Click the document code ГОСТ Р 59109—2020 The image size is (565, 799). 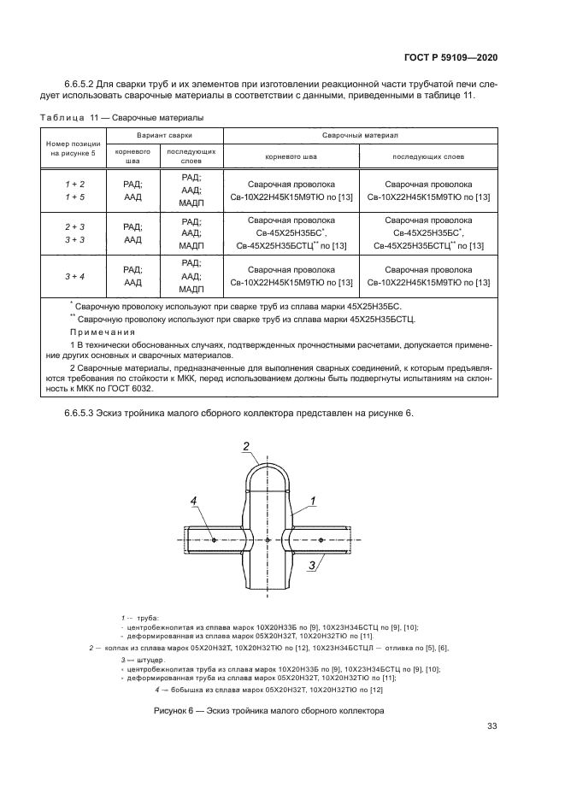click(x=451, y=57)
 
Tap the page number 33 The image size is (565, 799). click(x=491, y=726)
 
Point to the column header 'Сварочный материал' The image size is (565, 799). click(x=360, y=135)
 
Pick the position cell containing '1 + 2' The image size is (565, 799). click(x=74, y=184)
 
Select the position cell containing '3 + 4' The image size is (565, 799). click(x=74, y=275)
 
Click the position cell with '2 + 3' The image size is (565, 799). click(x=74, y=226)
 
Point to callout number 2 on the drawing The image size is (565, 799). click(x=246, y=447)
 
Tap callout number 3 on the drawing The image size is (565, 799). click(x=313, y=565)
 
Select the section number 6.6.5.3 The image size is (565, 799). click(x=82, y=414)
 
